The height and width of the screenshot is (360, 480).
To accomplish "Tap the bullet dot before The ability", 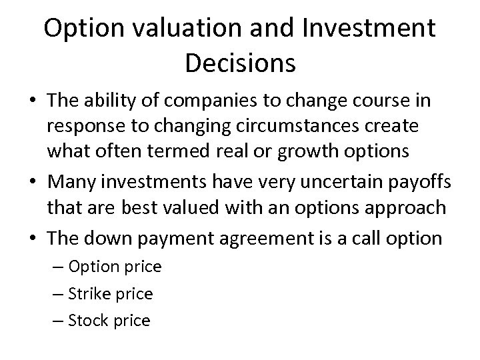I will pyautogui.click(x=31, y=101).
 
